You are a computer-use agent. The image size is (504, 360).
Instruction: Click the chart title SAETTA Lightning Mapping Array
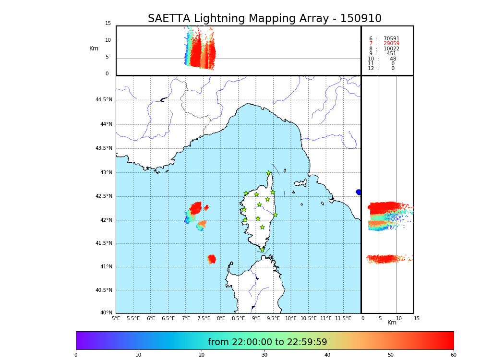point(264,19)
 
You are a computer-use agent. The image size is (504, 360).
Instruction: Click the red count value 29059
point(391,44)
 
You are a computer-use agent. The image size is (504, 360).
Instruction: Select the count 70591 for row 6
point(391,39)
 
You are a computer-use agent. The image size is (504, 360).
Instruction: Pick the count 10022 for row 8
point(391,49)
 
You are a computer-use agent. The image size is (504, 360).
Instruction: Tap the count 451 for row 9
point(391,54)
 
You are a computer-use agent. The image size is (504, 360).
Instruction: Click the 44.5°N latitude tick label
point(104,100)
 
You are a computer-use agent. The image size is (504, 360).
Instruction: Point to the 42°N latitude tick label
point(105,220)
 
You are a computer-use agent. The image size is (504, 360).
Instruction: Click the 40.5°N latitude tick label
point(104,290)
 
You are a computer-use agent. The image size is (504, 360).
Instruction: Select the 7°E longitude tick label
point(186,318)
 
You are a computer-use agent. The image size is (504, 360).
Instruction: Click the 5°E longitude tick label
point(116,318)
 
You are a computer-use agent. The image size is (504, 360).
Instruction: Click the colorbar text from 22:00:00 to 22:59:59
point(267,342)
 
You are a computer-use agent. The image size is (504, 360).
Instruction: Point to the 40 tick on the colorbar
point(327,355)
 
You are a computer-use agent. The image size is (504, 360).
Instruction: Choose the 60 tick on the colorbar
point(453,355)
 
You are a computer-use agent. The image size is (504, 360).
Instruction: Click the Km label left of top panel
point(94,48)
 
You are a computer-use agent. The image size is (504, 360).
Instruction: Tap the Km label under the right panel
point(392,323)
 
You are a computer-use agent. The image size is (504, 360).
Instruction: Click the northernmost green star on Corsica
point(269,173)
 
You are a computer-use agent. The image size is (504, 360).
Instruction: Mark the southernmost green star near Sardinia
point(262,250)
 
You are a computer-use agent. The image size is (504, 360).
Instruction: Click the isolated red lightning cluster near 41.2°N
point(212,259)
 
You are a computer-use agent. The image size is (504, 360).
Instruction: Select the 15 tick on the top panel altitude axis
point(108,24)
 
